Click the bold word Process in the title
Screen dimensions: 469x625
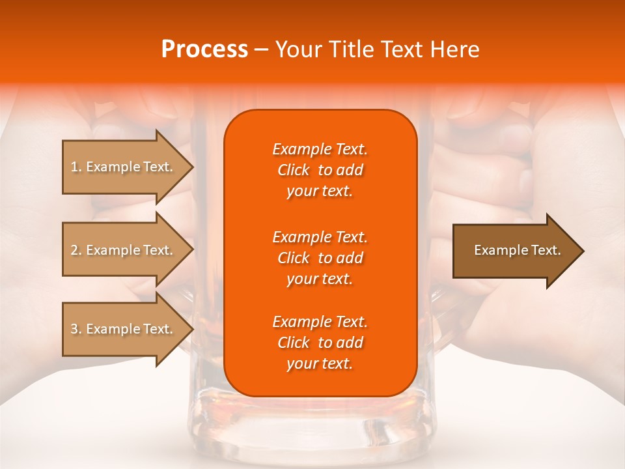[x=204, y=49]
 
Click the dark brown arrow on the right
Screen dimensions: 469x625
[x=514, y=250]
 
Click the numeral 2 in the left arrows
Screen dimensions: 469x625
[x=74, y=250]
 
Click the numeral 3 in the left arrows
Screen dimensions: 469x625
[x=74, y=329]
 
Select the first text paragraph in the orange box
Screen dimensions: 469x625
[x=320, y=170]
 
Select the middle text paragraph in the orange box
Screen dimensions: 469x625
[x=320, y=257]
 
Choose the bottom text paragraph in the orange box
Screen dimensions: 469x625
[x=320, y=343]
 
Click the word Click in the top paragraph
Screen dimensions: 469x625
[x=294, y=170]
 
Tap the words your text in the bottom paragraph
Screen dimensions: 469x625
[x=320, y=364]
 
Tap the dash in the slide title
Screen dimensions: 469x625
[x=261, y=50]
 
